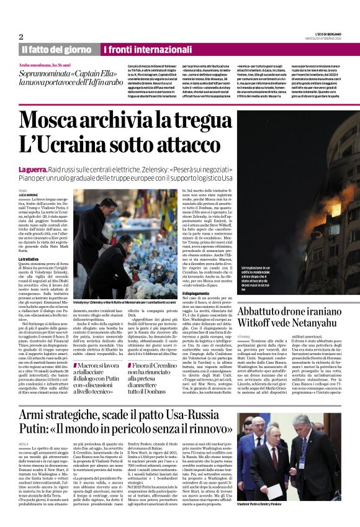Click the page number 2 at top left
tap(21, 37)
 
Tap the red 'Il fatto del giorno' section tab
tap(56, 50)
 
